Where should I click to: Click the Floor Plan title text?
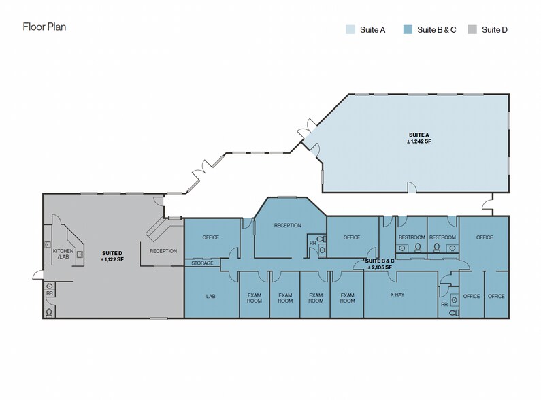pyautogui.click(x=44, y=27)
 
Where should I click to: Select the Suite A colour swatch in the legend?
pyautogui.click(x=350, y=29)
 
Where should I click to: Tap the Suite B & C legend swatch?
pyautogui.click(x=408, y=29)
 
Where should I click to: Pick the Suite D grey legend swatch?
pyautogui.click(x=472, y=29)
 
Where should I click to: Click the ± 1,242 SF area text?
pyautogui.click(x=419, y=141)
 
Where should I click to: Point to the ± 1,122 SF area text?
pyautogui.click(x=112, y=259)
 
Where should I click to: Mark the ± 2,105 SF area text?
pyautogui.click(x=378, y=267)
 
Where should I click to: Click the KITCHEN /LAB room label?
pyautogui.click(x=63, y=254)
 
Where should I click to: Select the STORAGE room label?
pyautogui.click(x=202, y=263)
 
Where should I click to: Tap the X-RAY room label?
pyautogui.click(x=397, y=296)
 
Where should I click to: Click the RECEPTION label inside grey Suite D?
pyautogui.click(x=163, y=251)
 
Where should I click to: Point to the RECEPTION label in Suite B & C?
pyautogui.click(x=287, y=225)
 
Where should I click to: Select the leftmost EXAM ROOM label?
pyautogui.click(x=254, y=298)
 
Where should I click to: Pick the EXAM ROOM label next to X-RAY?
pyautogui.click(x=347, y=298)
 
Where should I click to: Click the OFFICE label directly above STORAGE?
pyautogui.click(x=211, y=237)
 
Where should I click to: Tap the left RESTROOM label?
pyautogui.click(x=412, y=237)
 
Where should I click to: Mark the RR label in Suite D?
pyautogui.click(x=50, y=293)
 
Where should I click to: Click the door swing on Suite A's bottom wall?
pyautogui.click(x=411, y=187)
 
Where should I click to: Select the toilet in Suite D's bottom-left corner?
pyautogui.click(x=49, y=312)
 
